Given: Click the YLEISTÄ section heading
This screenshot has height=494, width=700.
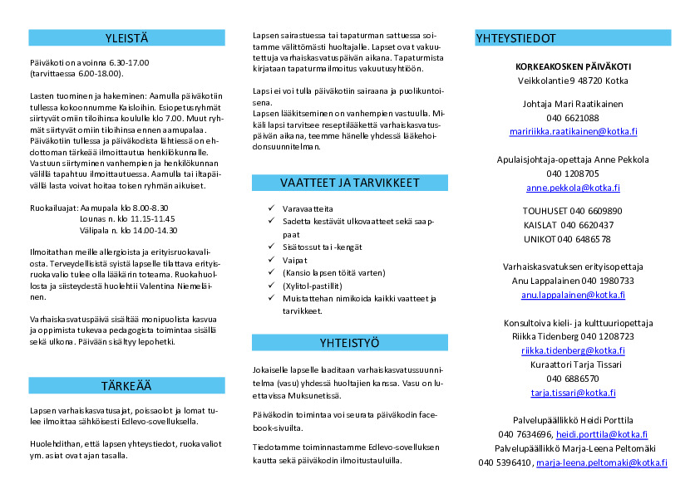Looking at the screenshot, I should [126, 37].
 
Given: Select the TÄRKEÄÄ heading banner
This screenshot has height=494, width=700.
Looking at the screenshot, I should [126, 385].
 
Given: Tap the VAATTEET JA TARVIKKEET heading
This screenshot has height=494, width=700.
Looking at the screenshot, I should [349, 183].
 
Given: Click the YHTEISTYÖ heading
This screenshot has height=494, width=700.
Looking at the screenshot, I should [349, 342].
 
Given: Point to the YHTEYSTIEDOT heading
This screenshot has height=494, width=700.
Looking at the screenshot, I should [516, 38].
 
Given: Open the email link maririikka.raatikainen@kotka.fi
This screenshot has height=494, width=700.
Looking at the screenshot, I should [574, 131].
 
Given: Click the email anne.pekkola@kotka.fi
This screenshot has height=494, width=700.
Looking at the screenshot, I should [573, 188].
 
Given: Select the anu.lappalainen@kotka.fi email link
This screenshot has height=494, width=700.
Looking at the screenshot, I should [573, 295].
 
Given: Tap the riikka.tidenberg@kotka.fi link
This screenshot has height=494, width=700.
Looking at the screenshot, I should [573, 350].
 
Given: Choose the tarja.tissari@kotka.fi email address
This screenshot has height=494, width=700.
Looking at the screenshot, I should [573, 393].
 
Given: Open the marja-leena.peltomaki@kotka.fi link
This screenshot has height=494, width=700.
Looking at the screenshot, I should [601, 462].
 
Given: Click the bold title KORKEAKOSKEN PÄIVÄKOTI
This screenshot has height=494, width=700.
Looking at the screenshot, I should [573, 66].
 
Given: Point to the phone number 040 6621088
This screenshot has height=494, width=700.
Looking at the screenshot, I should [573, 118].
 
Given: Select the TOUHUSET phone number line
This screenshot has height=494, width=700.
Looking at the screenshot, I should [573, 211].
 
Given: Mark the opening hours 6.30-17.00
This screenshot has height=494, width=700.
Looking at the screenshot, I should [128, 62].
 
